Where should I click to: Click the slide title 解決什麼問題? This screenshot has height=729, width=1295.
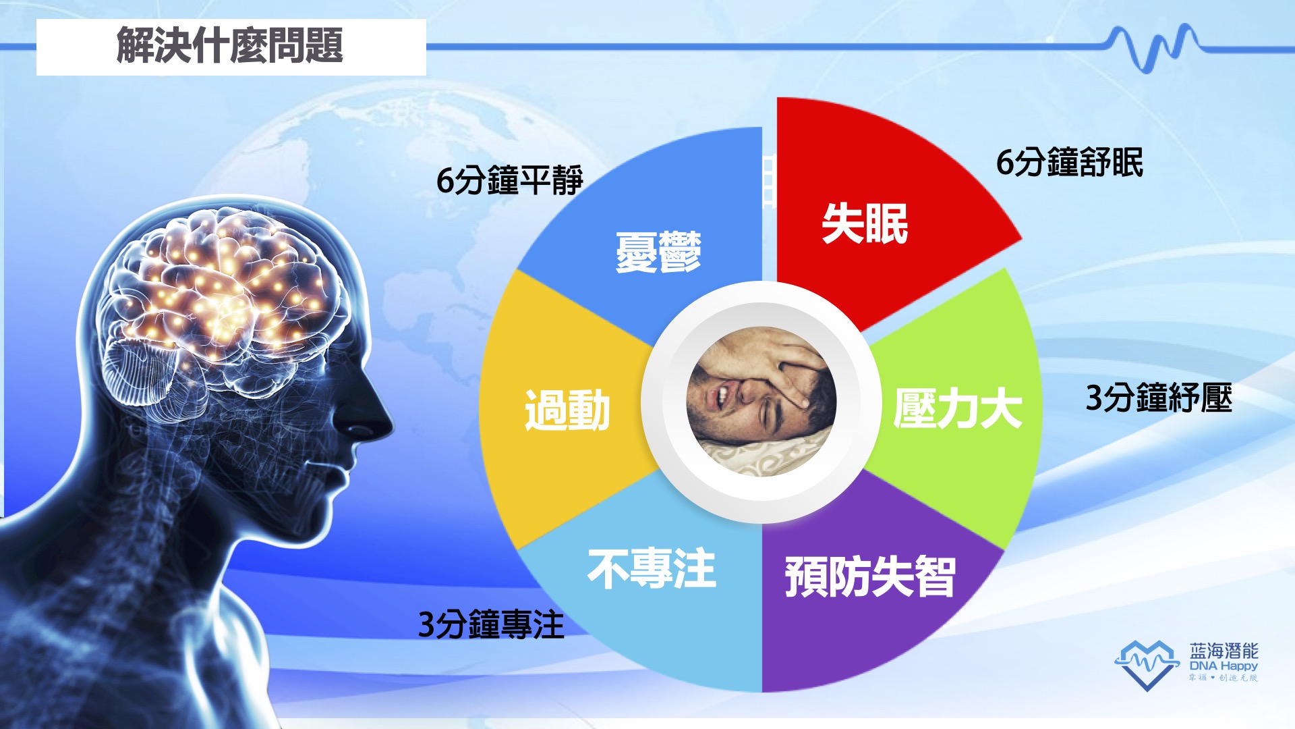tap(230, 46)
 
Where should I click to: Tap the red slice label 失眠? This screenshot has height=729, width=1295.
tap(865, 223)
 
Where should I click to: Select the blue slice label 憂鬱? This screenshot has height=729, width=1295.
tap(658, 252)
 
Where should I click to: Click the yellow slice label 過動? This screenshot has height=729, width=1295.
tap(567, 410)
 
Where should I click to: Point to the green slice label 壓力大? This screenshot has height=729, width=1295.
tap(958, 408)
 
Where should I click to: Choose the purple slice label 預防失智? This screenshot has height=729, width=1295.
tap(870, 577)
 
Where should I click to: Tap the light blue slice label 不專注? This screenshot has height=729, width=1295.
tap(652, 568)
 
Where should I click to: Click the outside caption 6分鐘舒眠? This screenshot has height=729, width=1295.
tap(1070, 163)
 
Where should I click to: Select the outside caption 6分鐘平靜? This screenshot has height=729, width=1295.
tap(509, 180)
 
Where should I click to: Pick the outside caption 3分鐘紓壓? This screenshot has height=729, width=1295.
tap(1159, 398)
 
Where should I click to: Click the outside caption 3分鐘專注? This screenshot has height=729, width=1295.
tap(491, 624)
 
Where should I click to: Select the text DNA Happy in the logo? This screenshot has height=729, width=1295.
tap(1224, 666)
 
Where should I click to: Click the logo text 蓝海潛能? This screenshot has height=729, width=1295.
tap(1224, 651)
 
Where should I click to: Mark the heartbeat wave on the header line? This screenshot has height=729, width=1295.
tap(1153, 47)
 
